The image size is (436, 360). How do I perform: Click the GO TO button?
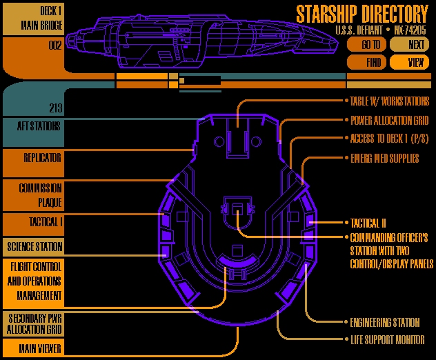click(366, 44)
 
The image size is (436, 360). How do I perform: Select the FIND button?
click(366, 62)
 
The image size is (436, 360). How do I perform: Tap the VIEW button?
click(409, 62)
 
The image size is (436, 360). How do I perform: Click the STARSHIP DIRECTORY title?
click(362, 14)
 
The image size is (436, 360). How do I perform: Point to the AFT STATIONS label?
click(39, 126)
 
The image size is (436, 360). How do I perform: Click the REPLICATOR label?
click(42, 158)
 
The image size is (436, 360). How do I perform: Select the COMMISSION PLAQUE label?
click(40, 195)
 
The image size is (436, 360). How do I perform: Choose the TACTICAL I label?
click(46, 222)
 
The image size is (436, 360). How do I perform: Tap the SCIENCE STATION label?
click(34, 247)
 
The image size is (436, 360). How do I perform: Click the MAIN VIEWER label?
click(40, 348)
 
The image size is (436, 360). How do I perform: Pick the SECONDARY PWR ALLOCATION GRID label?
click(34, 323)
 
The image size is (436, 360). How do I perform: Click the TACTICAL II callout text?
click(368, 223)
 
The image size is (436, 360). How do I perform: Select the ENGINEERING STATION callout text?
click(385, 323)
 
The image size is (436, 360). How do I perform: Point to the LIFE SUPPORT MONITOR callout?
click(388, 340)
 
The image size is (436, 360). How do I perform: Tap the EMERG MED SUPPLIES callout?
click(385, 158)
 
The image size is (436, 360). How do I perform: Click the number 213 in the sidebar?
click(56, 108)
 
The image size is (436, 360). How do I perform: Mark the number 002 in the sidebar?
click(55, 45)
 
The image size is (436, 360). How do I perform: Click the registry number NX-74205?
click(410, 30)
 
